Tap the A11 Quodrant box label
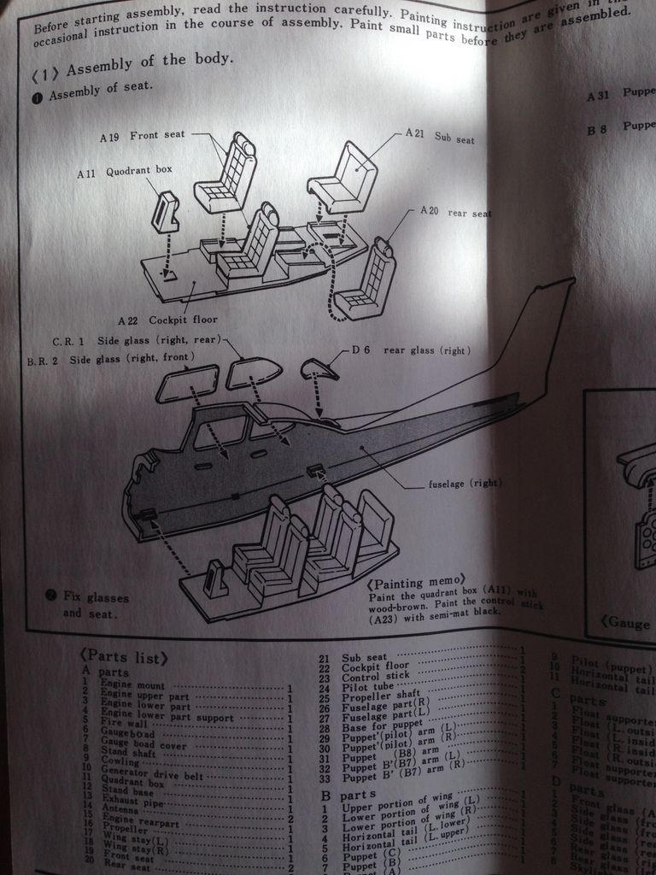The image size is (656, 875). (124, 171)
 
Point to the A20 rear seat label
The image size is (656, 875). (455, 212)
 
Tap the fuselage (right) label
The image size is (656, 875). (463, 484)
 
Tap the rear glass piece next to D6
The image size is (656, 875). (319, 368)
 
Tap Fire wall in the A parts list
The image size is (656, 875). (125, 722)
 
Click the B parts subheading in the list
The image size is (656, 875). (345, 795)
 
